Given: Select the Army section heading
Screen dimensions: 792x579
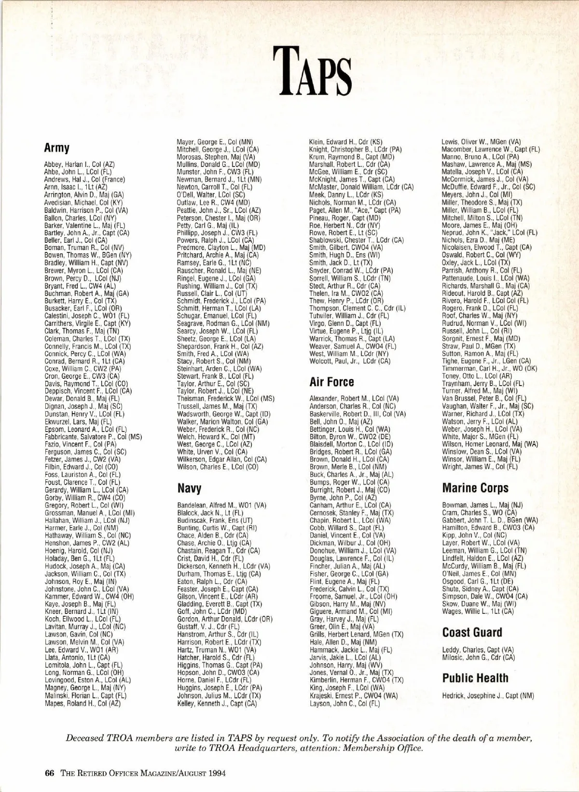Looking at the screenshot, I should point(56,147).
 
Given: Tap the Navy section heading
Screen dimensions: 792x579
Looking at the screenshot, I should point(189,488).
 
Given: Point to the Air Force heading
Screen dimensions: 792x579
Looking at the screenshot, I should point(331,382).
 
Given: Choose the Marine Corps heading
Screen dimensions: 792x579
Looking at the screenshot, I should point(475,488).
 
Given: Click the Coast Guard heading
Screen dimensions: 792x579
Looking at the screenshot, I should point(472,632).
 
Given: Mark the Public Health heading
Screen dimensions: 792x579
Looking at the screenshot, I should point(475,678).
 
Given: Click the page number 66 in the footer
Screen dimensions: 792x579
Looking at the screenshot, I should point(49,773).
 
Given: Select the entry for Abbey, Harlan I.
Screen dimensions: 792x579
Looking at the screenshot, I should point(79,164).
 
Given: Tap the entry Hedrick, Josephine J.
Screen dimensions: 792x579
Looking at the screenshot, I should point(488,695).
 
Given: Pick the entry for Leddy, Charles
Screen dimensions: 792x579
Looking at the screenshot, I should point(478,650).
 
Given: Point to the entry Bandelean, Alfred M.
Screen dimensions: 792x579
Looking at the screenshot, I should point(221,505).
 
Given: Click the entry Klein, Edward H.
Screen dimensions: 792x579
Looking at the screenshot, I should point(345,142).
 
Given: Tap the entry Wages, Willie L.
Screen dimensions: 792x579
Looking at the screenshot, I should point(477,611).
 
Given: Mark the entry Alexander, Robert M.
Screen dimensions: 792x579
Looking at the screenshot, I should point(354,399).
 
